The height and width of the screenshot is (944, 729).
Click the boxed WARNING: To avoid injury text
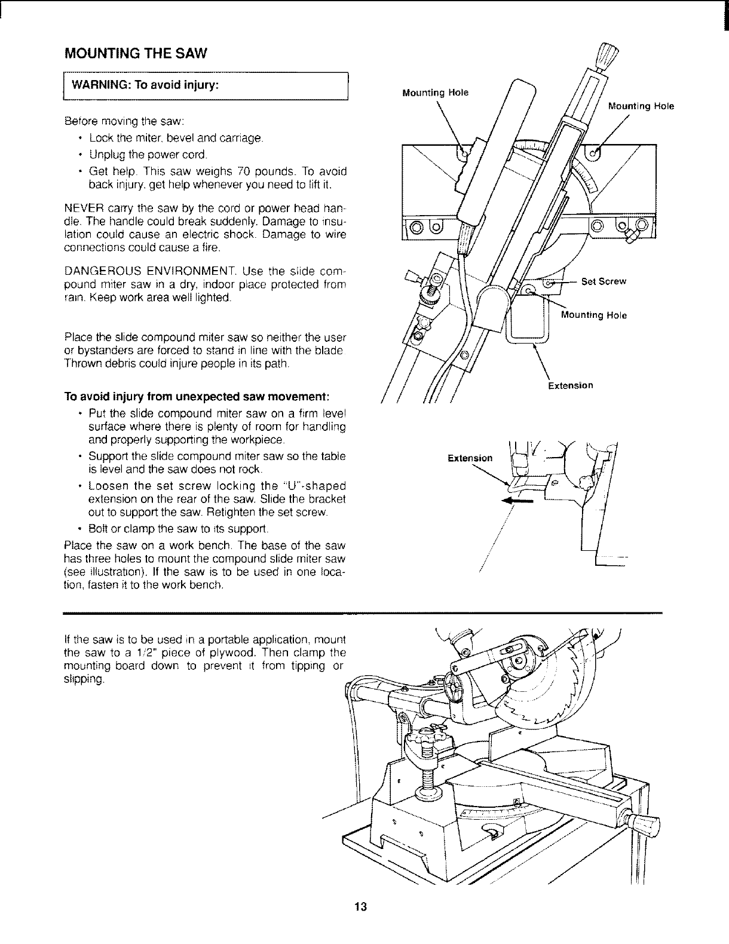(x=147, y=84)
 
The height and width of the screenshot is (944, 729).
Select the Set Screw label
(x=604, y=282)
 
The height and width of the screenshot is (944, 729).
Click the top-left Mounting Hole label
(x=436, y=93)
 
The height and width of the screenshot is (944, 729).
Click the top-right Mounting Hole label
(x=641, y=106)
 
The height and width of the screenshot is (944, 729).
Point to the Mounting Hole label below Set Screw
(x=594, y=315)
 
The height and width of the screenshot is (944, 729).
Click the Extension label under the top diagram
(x=571, y=385)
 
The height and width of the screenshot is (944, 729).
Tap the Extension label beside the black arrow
(x=470, y=458)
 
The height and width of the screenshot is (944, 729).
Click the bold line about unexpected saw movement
(x=198, y=397)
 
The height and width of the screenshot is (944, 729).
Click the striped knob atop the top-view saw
(x=608, y=57)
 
